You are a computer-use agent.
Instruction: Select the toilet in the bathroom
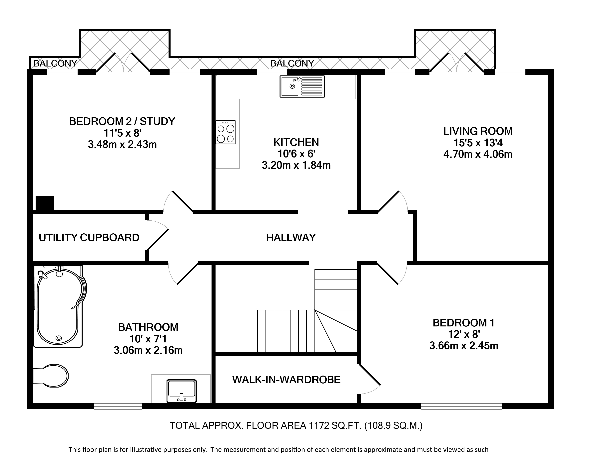pyautogui.click(x=51, y=376)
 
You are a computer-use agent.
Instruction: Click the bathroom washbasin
pyautogui.click(x=182, y=391)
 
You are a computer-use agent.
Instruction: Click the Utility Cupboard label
pyautogui.click(x=89, y=238)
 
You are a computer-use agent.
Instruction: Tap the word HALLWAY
pyautogui.click(x=291, y=238)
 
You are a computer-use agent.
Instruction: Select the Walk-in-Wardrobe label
pyautogui.click(x=286, y=380)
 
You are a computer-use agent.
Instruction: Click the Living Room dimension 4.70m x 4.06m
pyautogui.click(x=478, y=154)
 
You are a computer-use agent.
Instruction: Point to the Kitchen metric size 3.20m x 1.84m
pyautogui.click(x=296, y=165)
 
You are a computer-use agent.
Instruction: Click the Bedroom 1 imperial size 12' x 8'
pyautogui.click(x=464, y=334)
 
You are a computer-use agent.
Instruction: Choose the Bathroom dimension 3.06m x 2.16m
pyautogui.click(x=148, y=350)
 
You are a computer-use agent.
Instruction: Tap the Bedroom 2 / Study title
pyautogui.click(x=122, y=121)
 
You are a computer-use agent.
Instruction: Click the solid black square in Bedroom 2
pyautogui.click(x=45, y=203)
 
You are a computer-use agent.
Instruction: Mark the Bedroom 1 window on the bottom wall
pyautogui.click(x=461, y=406)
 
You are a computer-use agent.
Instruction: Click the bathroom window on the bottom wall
pyautogui.click(x=118, y=406)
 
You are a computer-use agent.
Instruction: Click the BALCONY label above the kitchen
pyautogui.click(x=292, y=63)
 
